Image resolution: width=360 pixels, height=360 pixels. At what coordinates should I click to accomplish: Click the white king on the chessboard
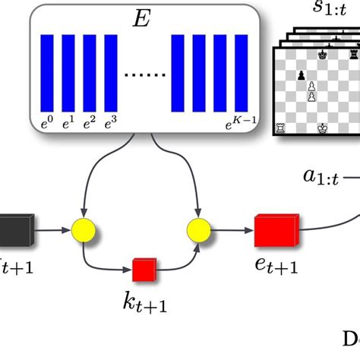pos(321,129)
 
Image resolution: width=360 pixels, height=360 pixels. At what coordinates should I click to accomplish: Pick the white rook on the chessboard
pos(282,129)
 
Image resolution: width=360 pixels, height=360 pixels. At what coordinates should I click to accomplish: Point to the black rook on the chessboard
pos(353,55)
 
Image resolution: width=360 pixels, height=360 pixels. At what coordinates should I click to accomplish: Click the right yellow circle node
pos(199,227)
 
